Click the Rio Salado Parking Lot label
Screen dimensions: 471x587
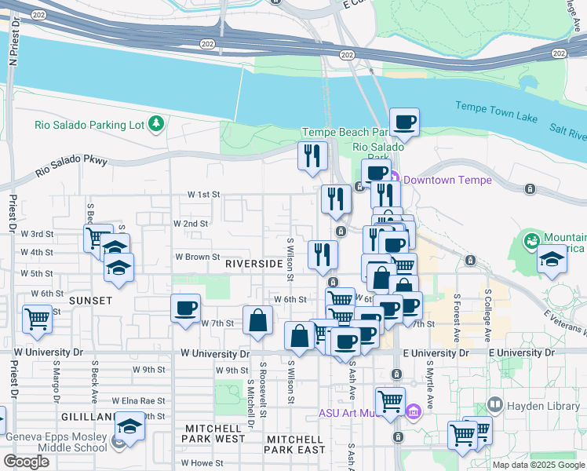90,125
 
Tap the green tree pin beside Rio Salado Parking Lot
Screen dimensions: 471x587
157,124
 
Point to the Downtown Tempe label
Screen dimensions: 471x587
447,180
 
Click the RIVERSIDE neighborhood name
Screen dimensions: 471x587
253,264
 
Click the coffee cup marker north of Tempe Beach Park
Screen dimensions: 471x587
404,122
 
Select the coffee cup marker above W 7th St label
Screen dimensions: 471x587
185,308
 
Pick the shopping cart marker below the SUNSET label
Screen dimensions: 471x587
37,319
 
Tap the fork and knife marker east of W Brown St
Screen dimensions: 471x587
323,254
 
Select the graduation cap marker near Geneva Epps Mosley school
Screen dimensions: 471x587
129,427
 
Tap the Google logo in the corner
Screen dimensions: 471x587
26,462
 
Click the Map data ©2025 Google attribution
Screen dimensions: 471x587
538,465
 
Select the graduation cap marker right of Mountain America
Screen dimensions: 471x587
552,261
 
